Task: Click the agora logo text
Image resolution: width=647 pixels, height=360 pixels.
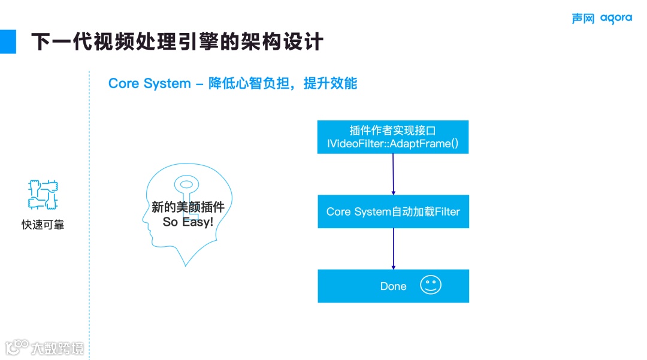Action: click(616, 19)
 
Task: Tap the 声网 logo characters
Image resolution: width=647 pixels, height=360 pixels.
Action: click(582, 19)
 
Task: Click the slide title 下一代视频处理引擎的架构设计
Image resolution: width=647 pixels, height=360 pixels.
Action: click(177, 42)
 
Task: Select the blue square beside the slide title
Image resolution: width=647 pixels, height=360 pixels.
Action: click(8, 41)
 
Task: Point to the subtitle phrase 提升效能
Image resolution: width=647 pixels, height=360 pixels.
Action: click(330, 83)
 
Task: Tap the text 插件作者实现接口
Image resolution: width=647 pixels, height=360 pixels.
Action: click(393, 130)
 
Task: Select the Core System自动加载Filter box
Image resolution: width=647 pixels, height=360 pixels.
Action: click(393, 211)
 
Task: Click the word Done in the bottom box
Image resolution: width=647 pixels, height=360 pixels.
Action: click(393, 286)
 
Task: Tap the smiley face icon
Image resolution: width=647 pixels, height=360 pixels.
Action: click(430, 285)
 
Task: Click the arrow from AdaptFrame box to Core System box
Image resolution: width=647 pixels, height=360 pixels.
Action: click(393, 174)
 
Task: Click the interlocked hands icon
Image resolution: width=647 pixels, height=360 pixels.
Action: click(43, 193)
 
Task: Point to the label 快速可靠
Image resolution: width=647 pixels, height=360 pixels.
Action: click(43, 225)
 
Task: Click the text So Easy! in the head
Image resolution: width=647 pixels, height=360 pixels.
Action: click(188, 222)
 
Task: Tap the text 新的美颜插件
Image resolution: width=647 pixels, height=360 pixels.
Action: click(188, 207)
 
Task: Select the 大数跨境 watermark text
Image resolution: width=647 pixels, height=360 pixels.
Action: click(58, 347)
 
